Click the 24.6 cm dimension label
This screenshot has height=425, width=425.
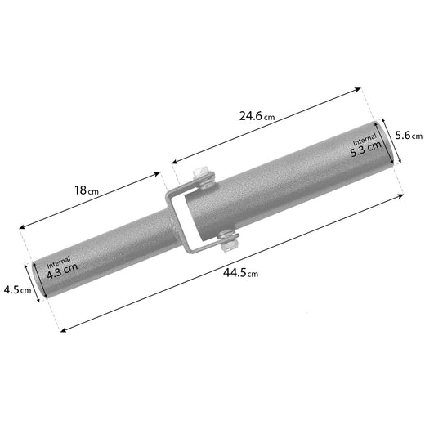click(257, 116)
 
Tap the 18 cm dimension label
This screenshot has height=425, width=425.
click(87, 190)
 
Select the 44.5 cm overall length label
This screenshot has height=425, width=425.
click(240, 272)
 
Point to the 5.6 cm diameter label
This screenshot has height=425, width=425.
click(409, 136)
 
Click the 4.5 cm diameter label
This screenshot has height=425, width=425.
click(17, 290)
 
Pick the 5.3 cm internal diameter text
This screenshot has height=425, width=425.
click(366, 150)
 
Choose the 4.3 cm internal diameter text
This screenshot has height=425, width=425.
click(62, 271)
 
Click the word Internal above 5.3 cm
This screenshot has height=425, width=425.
click(365, 139)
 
